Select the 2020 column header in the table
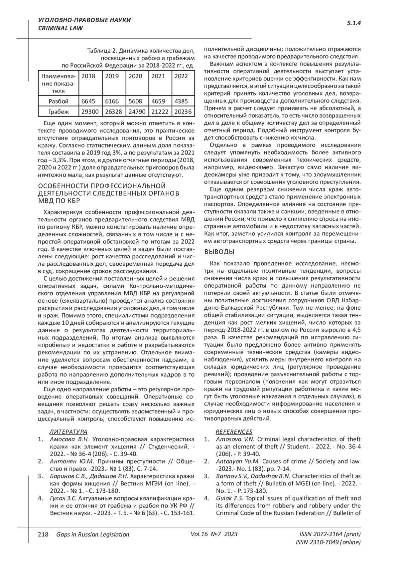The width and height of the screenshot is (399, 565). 135,76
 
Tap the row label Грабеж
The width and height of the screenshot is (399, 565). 59,112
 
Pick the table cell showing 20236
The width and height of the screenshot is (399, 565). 183,112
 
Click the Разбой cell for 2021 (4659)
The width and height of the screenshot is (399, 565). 158,101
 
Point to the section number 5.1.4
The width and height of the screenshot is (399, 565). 354,23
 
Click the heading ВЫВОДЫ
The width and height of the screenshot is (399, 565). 219,252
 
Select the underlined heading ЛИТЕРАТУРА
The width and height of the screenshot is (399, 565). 68,432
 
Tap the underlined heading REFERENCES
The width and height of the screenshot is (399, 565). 234,432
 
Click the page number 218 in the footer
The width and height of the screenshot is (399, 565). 43,535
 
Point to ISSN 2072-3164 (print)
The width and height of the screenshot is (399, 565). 330,535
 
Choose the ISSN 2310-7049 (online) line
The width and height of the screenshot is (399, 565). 328,542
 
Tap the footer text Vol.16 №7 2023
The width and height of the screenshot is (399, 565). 214,535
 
